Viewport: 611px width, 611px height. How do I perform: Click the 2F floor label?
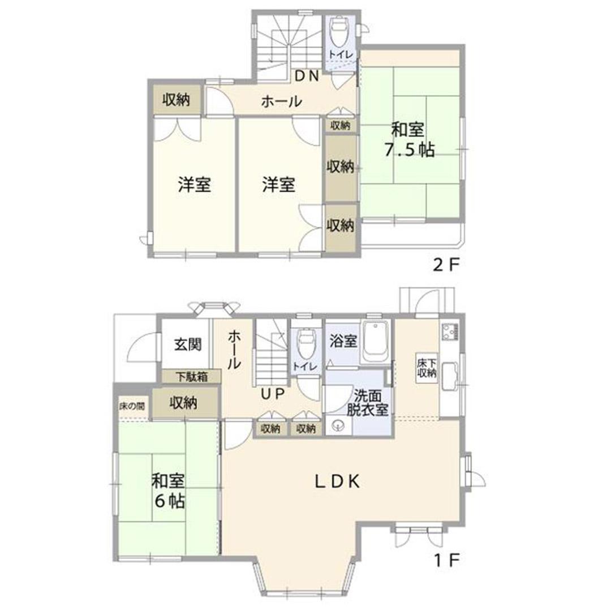click(x=447, y=265)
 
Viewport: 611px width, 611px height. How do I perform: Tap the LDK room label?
click(x=337, y=482)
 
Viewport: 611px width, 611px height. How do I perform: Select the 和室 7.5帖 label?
click(x=409, y=140)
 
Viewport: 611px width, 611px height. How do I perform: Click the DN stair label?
click(x=307, y=76)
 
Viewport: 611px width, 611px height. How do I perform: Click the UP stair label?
click(x=273, y=394)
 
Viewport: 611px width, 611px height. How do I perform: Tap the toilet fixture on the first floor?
click(x=306, y=345)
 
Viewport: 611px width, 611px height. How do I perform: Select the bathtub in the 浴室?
click(x=376, y=342)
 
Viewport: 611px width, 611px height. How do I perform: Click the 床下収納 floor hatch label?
click(x=427, y=368)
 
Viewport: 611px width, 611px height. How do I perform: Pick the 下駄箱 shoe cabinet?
click(x=192, y=377)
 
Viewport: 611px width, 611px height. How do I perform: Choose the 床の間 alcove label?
click(x=132, y=406)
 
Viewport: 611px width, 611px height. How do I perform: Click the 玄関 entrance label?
click(x=188, y=344)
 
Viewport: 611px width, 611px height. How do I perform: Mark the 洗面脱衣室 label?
click(x=368, y=403)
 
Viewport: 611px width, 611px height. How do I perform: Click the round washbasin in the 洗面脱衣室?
click(x=336, y=425)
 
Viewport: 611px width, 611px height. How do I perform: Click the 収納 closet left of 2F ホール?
click(x=177, y=100)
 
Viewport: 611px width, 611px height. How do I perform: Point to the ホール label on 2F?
click(x=281, y=102)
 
